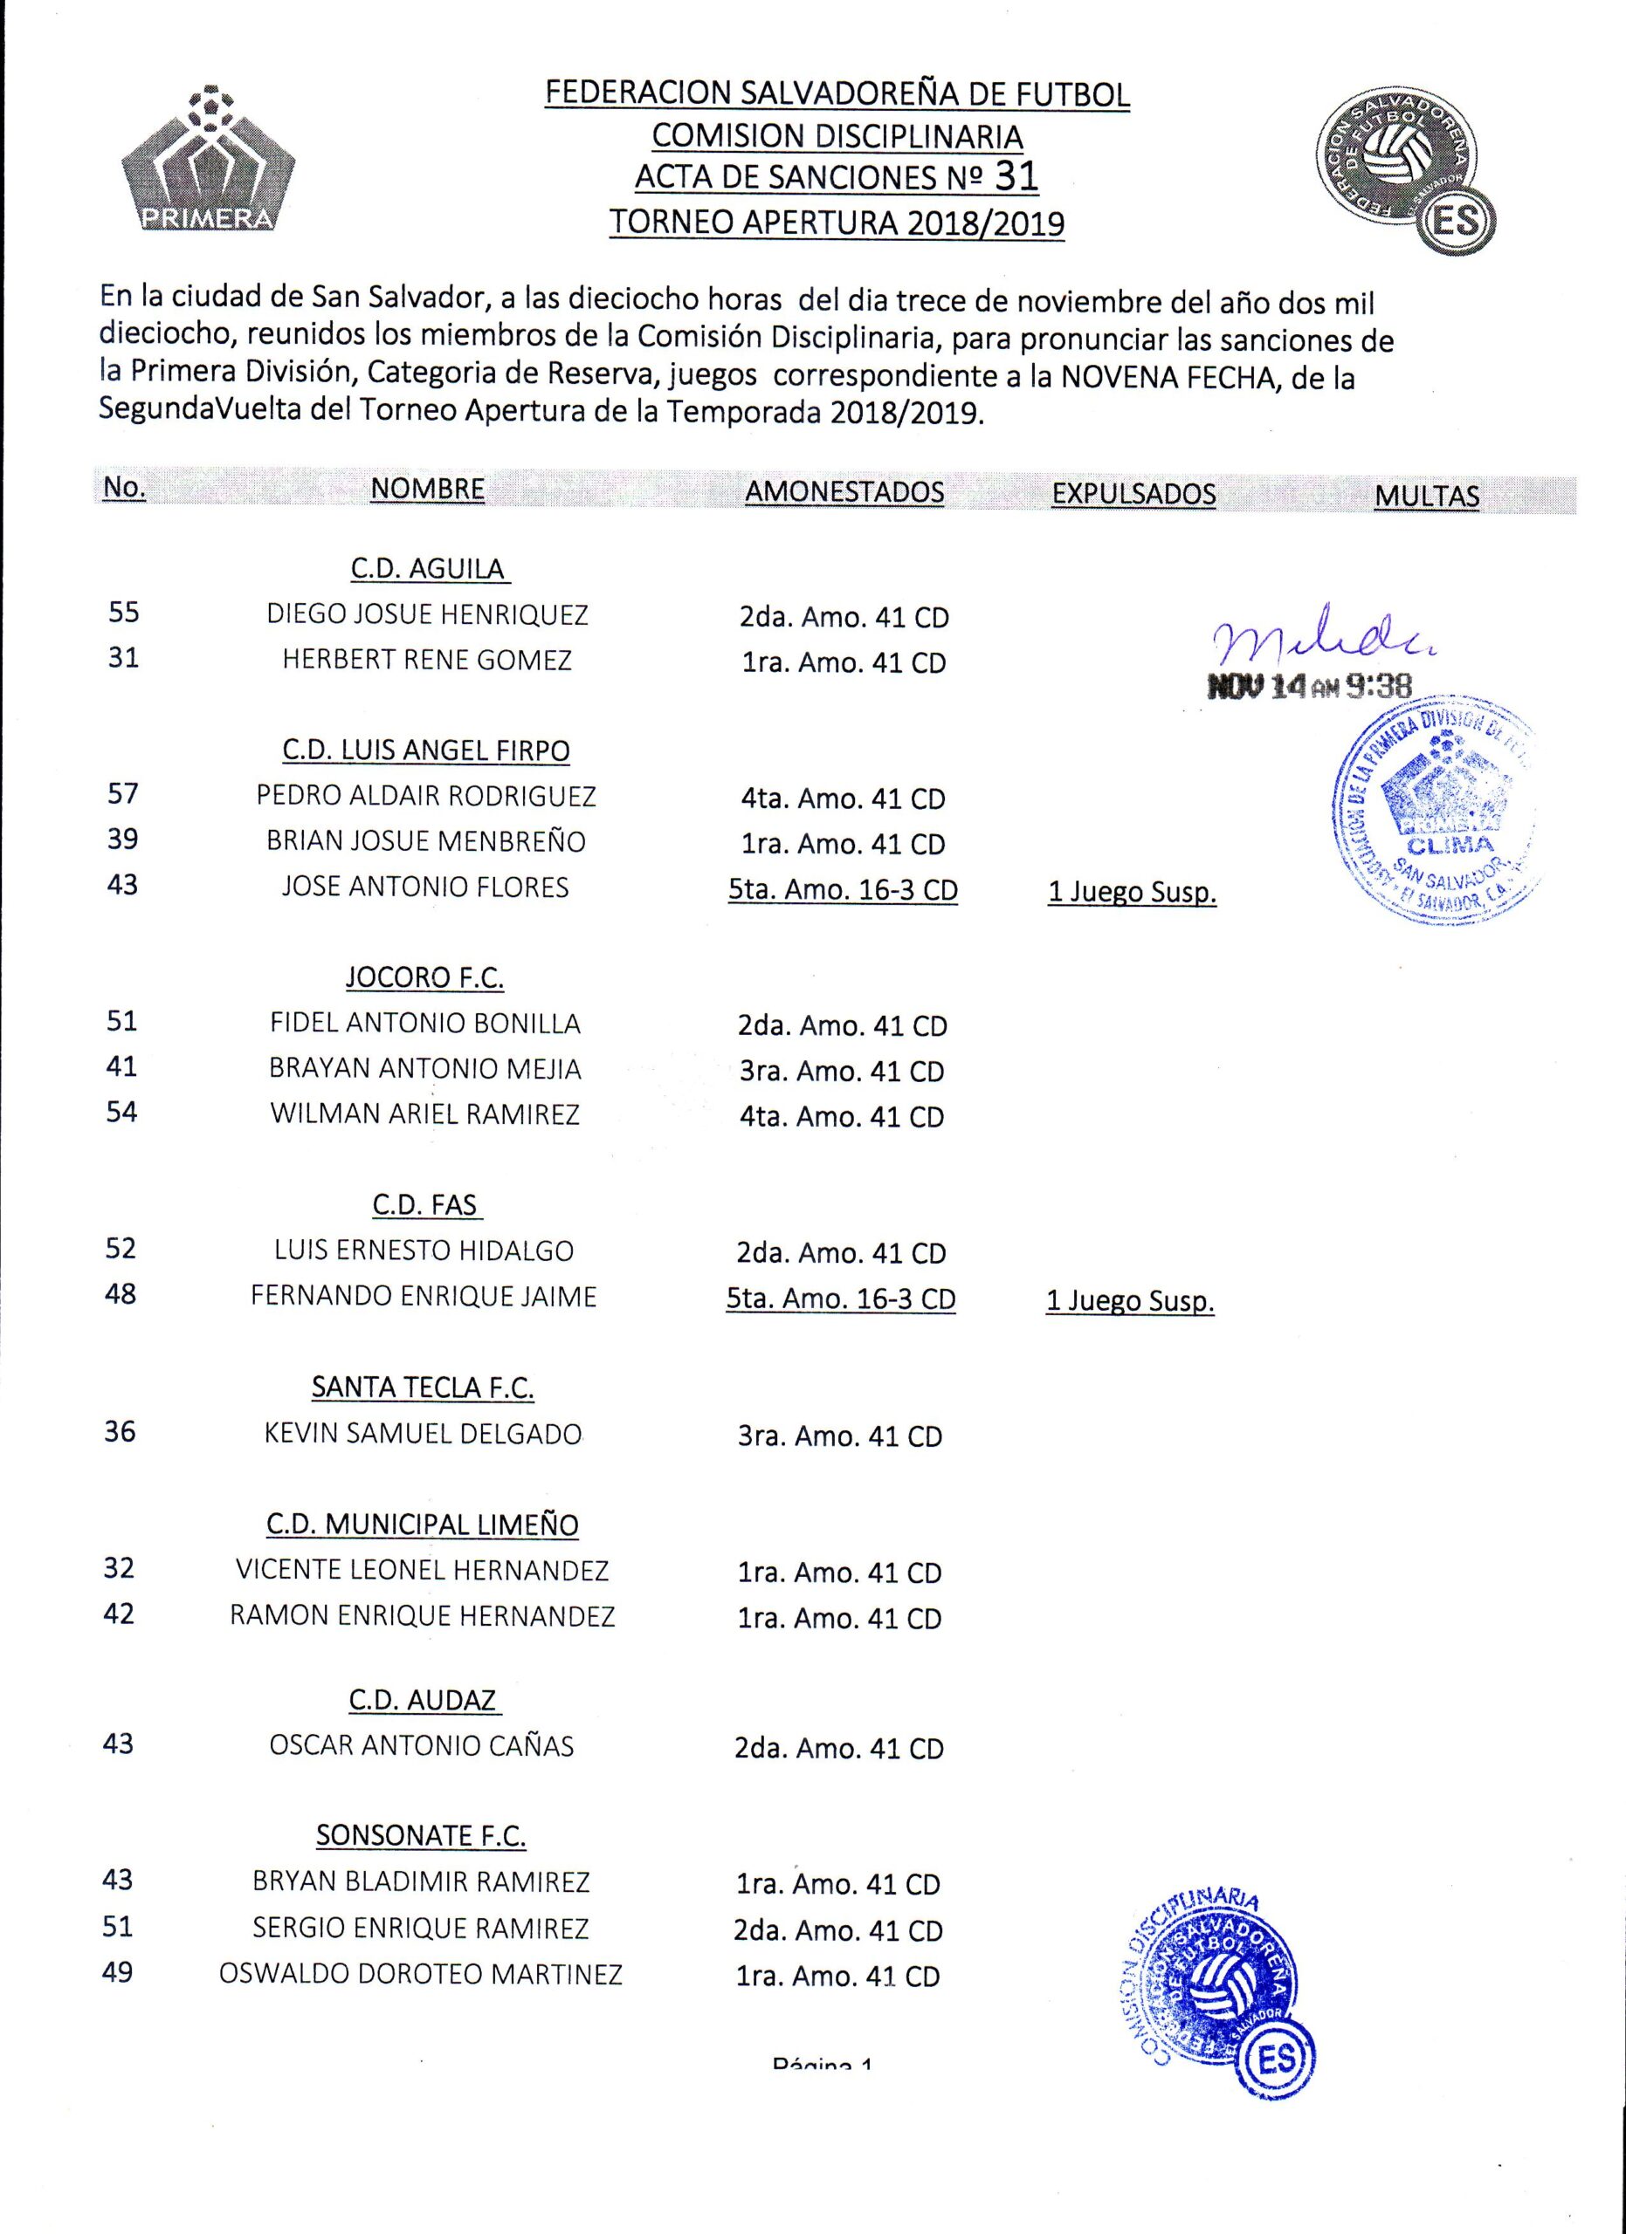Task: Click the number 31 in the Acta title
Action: click(1016, 175)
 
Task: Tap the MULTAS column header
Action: click(1426, 496)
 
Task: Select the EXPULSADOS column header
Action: click(1133, 494)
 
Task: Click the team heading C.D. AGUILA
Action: click(428, 569)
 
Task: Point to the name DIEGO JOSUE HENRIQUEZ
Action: click(427, 614)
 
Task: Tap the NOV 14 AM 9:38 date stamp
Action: click(1310, 687)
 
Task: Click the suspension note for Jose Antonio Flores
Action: click(1132, 893)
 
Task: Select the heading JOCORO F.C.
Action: click(424, 978)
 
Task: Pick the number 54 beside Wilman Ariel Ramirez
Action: click(121, 1112)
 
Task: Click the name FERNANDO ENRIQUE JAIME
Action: click(424, 1295)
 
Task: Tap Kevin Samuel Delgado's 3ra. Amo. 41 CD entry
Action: click(839, 1436)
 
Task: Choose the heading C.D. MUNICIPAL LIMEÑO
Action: click(422, 1525)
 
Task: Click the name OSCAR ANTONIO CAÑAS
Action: click(421, 1745)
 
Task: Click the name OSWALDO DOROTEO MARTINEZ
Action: click(420, 1974)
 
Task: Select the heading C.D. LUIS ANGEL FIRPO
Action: click(426, 750)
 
